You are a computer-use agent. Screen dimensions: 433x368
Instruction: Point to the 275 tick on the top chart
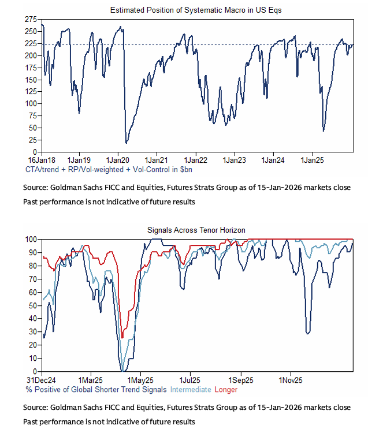coord(31,20)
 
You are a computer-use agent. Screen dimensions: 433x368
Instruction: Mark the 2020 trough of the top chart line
coord(126,143)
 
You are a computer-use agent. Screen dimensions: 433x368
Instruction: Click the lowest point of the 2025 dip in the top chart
coord(323,131)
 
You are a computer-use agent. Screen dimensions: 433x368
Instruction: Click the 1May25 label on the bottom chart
coord(140,380)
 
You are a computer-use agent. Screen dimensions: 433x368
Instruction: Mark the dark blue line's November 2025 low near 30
coord(308,333)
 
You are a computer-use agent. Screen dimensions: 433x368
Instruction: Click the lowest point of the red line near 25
coord(122,338)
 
